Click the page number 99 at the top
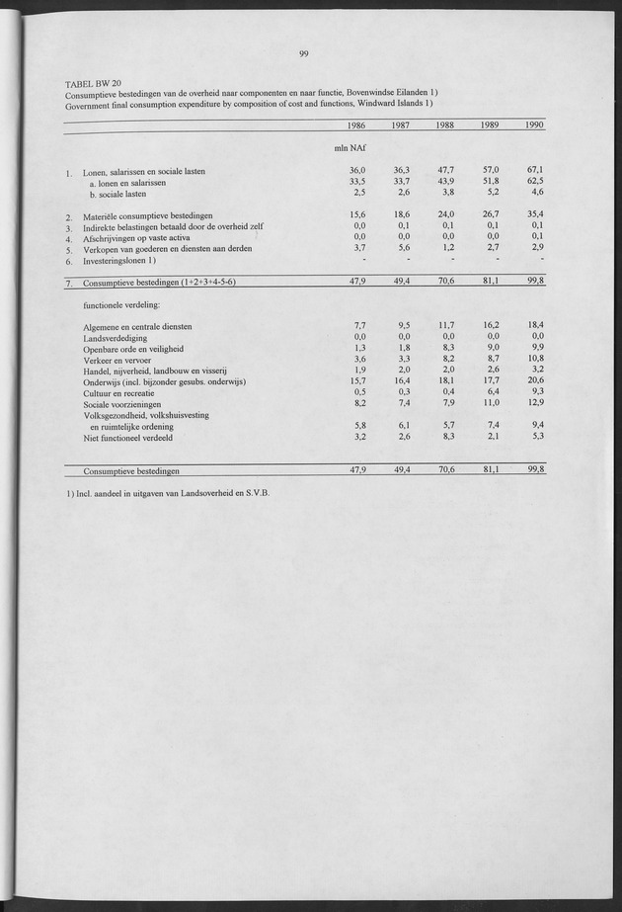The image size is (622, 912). (x=303, y=54)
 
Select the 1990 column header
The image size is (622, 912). (x=532, y=125)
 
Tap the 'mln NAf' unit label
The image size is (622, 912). (x=352, y=149)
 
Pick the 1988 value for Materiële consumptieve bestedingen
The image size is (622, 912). (x=444, y=214)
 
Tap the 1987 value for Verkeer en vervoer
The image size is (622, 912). (x=402, y=359)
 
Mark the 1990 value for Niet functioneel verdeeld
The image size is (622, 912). (x=535, y=436)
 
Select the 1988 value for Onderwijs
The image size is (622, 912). (x=444, y=381)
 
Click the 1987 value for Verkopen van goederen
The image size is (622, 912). (x=402, y=248)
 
